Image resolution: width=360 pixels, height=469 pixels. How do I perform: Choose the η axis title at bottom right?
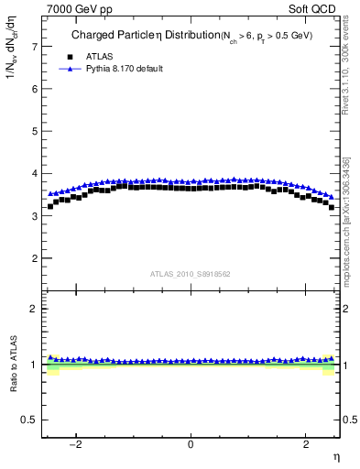coord(334,457)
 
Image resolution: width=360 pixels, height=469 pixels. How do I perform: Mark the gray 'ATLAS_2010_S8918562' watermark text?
coord(191,273)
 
